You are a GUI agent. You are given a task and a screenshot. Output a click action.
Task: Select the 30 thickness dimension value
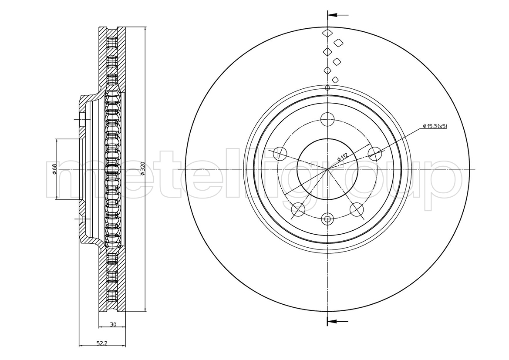pos(113,325)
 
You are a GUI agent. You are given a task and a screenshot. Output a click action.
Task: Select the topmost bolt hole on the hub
pos(327,118)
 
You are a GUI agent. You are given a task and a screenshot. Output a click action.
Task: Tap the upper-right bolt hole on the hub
pos(375,153)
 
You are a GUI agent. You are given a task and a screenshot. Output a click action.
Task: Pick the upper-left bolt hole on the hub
pos(280,153)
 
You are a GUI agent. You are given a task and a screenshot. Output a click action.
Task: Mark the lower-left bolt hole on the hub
pos(298,209)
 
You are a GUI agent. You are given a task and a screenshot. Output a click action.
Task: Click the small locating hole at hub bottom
pos(327,219)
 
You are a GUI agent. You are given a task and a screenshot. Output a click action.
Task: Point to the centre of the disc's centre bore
pos(327,169)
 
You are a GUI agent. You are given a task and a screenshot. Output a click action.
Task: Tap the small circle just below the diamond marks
pos(327,88)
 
